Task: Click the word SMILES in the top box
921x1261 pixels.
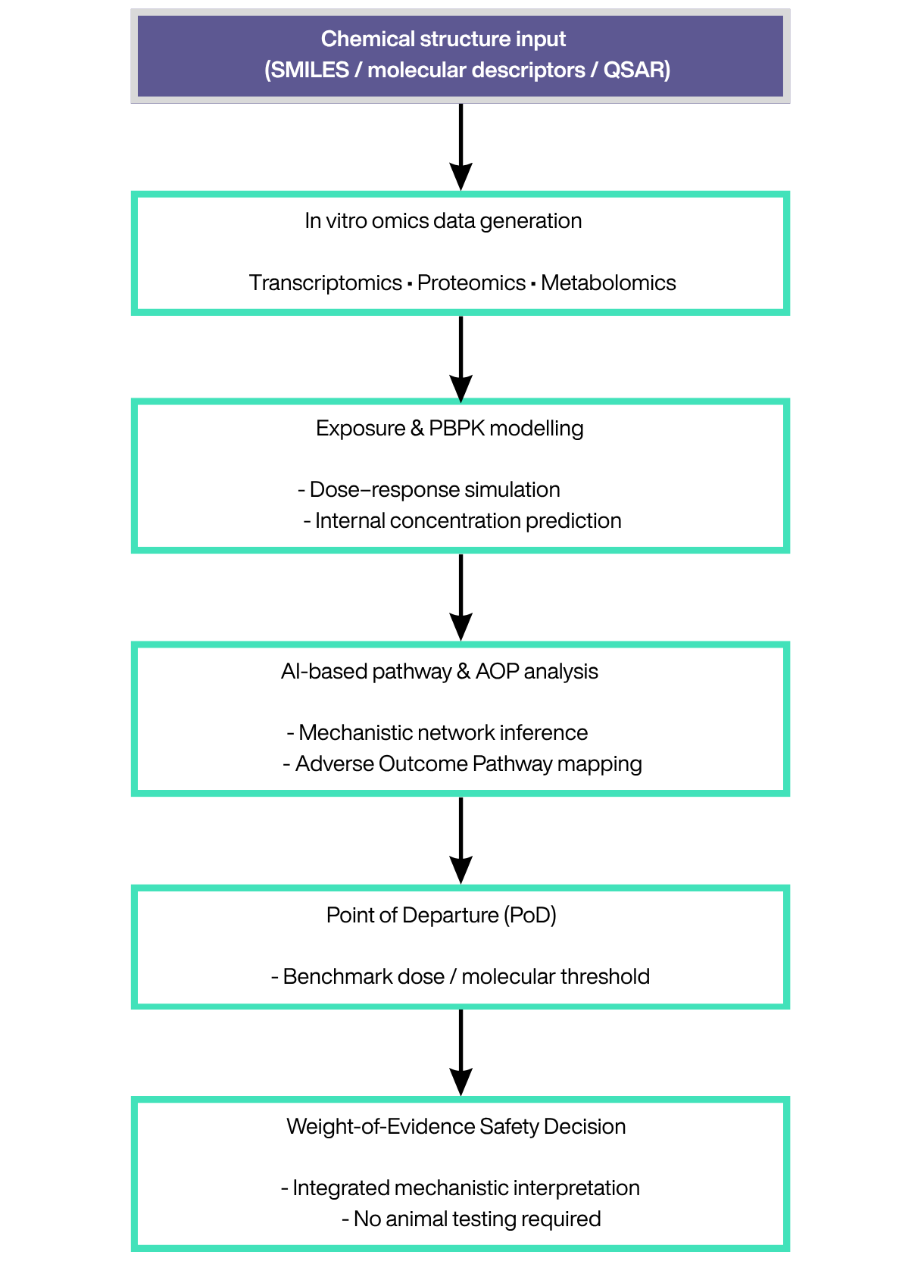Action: tap(311, 70)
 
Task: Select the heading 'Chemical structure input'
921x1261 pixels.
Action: tap(443, 39)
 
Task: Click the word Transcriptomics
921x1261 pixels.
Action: tap(326, 282)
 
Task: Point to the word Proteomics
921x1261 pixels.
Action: tap(471, 282)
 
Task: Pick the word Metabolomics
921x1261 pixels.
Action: tap(608, 282)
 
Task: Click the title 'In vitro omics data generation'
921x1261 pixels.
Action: tap(443, 220)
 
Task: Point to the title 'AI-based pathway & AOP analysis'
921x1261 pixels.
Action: tap(439, 671)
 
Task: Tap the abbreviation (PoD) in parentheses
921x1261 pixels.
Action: tap(529, 915)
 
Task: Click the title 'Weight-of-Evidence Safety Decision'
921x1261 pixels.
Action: tap(456, 1126)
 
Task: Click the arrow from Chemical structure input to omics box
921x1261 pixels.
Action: tap(460, 147)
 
